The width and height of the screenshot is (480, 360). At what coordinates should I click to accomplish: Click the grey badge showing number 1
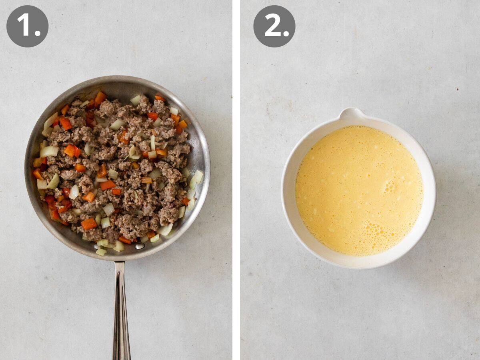pyautogui.click(x=27, y=26)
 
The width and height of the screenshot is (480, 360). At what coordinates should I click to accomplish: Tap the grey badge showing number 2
pyautogui.click(x=274, y=26)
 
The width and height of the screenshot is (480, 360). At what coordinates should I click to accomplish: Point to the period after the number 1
pyautogui.click(x=38, y=34)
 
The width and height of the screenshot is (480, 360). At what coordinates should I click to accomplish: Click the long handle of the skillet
pyautogui.click(x=121, y=312)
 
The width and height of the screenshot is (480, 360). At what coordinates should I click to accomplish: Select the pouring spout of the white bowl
pyautogui.click(x=351, y=114)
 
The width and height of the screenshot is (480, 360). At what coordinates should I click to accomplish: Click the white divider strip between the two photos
pyautogui.click(x=236, y=180)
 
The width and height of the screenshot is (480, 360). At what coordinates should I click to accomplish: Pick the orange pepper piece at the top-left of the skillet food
pyautogui.click(x=100, y=97)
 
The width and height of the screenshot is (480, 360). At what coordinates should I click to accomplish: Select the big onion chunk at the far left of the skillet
pyautogui.click(x=49, y=151)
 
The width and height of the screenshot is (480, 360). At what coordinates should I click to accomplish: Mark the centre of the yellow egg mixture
pyautogui.click(x=359, y=190)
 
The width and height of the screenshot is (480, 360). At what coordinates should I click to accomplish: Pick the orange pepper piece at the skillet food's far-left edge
pyautogui.click(x=37, y=174)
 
